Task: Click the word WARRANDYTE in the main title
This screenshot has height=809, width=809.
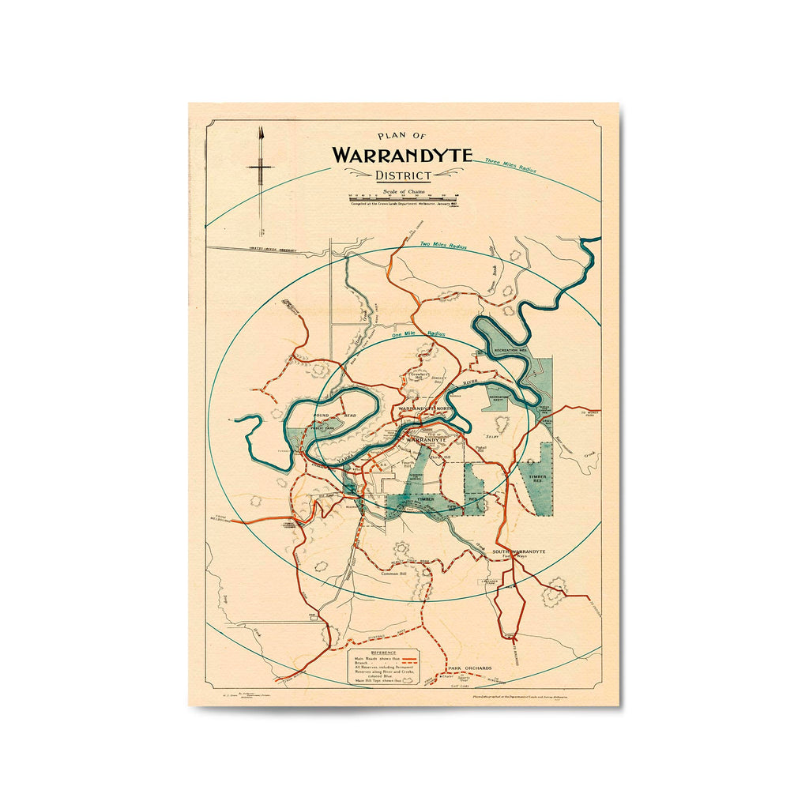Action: tap(401, 155)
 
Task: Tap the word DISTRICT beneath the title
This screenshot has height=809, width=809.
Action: tap(403, 175)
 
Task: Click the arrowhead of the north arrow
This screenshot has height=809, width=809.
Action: tap(260, 132)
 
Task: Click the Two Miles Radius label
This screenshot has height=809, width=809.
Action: tap(443, 246)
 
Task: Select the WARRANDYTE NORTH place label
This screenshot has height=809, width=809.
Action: tap(427, 408)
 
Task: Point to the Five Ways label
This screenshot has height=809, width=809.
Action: tap(515, 557)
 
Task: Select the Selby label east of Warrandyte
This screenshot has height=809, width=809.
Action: tap(493, 435)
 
